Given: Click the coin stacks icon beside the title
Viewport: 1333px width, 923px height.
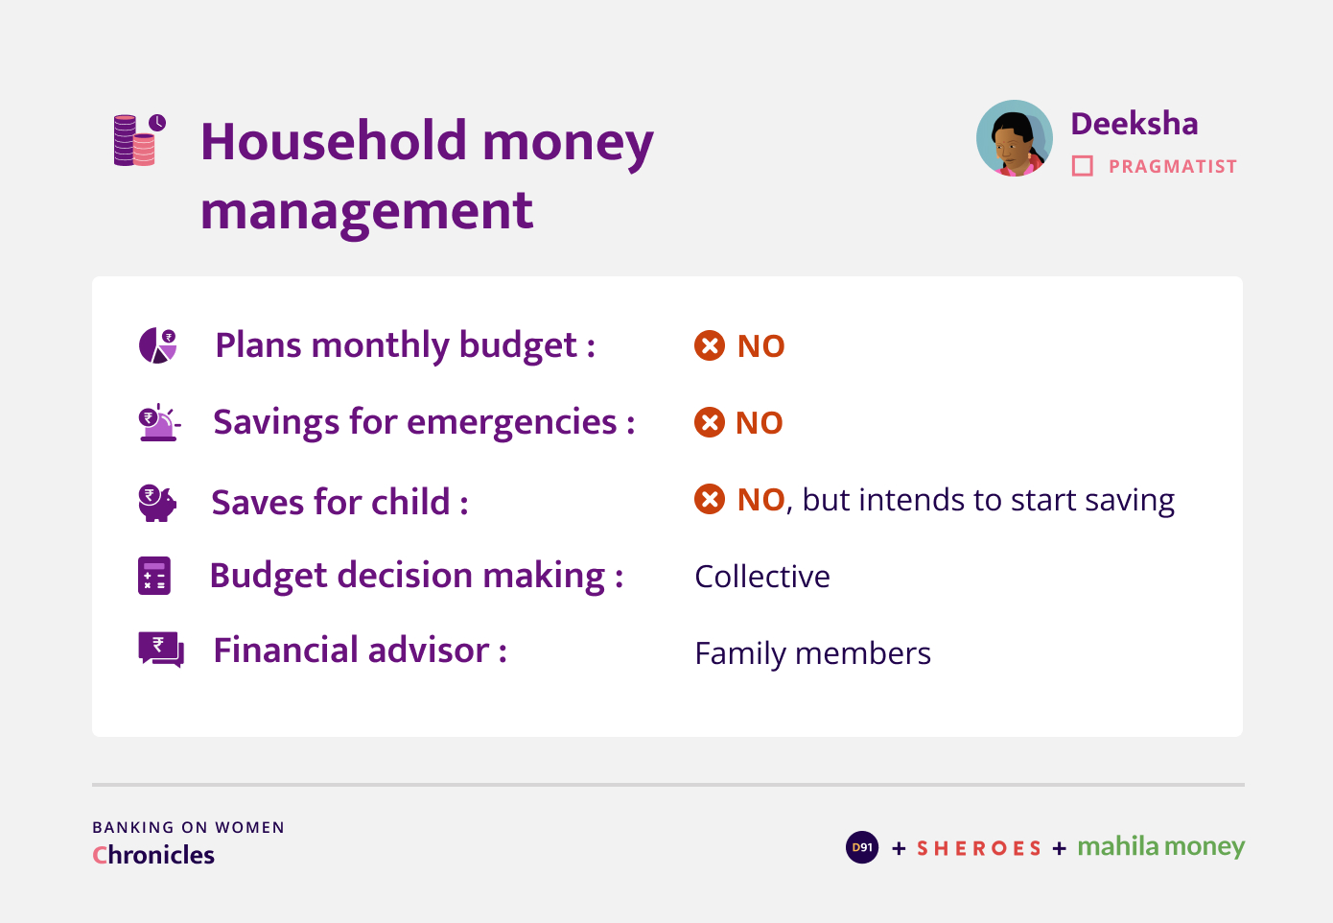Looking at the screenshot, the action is click(x=140, y=140).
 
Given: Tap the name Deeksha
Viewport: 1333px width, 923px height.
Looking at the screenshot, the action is click(x=1134, y=124).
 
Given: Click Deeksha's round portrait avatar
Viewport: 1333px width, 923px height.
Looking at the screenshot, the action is click(x=1015, y=138).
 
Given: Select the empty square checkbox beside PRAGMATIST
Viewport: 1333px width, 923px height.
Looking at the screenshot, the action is click(x=1083, y=166).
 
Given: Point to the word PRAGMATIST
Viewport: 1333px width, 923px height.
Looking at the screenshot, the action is click(x=1173, y=167).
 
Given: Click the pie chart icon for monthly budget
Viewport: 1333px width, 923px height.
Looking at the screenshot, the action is click(x=157, y=345).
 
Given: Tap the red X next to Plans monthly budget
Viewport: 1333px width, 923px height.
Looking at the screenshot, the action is click(x=710, y=345).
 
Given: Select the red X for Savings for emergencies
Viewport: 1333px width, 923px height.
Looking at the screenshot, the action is click(x=710, y=422).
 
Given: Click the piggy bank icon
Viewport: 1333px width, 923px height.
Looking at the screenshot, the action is click(x=157, y=503).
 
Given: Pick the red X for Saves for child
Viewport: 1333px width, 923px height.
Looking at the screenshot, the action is click(x=710, y=499).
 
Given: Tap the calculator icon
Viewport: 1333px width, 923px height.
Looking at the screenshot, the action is click(x=154, y=576).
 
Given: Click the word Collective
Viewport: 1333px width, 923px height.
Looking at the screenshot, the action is click(x=762, y=577).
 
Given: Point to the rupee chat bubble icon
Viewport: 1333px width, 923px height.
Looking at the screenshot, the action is click(x=161, y=650).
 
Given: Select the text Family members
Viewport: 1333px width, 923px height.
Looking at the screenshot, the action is click(x=813, y=653).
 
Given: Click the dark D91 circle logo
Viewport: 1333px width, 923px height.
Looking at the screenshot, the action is click(x=862, y=847).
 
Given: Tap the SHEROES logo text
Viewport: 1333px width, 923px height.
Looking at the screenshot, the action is click(x=979, y=848).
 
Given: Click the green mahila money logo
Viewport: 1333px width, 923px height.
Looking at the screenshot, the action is click(x=1161, y=846).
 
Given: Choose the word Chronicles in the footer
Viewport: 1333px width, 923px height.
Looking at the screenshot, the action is click(x=153, y=855).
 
